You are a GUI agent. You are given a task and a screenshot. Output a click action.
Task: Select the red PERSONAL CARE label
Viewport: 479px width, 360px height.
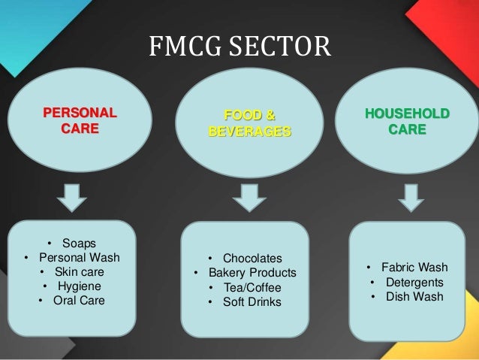[80, 122]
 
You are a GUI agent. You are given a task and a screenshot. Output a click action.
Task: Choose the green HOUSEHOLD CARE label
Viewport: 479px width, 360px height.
[407, 122]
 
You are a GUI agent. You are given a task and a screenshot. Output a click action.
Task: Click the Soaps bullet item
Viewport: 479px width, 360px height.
[78, 243]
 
